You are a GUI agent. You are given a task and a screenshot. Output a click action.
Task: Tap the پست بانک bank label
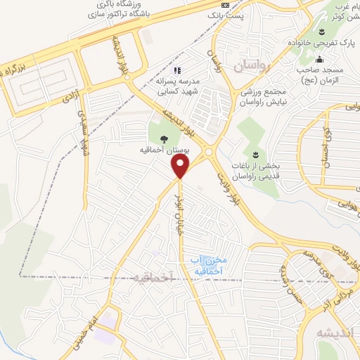pyautogui.click(x=229, y=13)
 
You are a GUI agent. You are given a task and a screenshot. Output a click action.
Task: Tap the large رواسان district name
pyautogui.click(x=252, y=66)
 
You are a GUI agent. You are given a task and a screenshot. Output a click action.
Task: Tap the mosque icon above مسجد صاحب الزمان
pyautogui.click(x=320, y=59)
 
